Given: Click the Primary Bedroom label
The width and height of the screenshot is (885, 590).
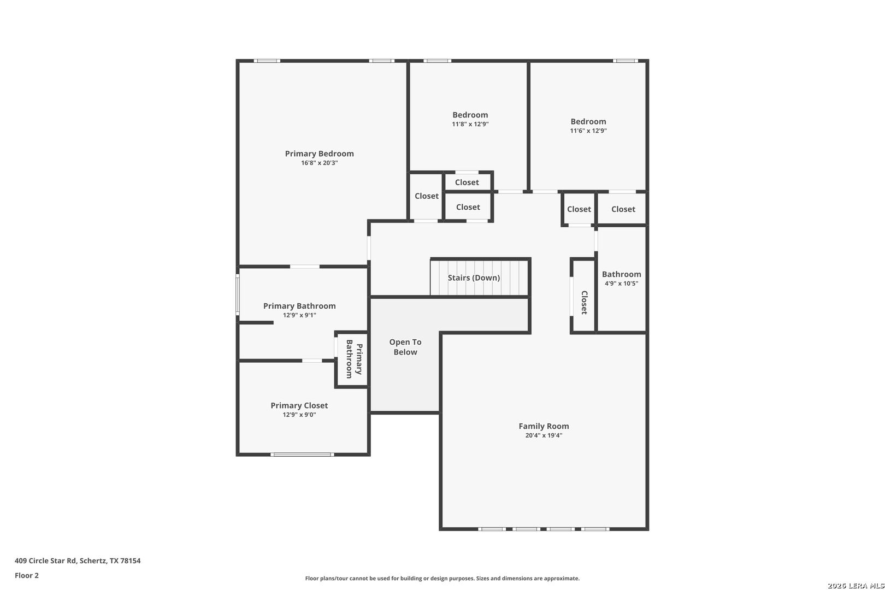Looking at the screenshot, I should (x=319, y=154).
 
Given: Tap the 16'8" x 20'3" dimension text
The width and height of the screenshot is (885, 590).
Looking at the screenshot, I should (x=319, y=163).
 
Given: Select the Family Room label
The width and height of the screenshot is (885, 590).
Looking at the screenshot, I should (x=544, y=426).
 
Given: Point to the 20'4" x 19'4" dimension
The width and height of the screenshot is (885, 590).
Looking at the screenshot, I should (x=544, y=435).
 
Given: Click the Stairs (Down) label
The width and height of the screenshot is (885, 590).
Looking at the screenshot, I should (x=474, y=278).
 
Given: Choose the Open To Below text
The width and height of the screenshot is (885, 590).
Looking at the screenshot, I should (x=405, y=347).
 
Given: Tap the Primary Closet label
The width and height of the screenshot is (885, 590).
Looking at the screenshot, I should (x=299, y=405).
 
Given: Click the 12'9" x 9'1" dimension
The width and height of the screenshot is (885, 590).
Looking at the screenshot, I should (x=299, y=315).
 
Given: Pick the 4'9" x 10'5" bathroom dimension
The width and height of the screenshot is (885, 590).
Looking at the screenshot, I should (x=621, y=284).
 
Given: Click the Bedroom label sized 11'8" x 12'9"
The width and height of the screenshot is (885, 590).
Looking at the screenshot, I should (x=470, y=115).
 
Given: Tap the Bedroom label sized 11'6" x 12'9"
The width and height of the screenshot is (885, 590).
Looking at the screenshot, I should (x=588, y=121).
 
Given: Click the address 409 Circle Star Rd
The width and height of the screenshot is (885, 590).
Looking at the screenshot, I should (x=78, y=560).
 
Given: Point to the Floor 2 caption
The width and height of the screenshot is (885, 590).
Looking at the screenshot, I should (x=27, y=575).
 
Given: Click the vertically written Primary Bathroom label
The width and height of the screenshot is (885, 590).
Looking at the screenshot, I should (x=353, y=359).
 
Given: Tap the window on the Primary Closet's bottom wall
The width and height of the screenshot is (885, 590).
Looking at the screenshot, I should (x=302, y=454).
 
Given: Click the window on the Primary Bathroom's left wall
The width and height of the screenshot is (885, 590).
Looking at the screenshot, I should (x=238, y=294).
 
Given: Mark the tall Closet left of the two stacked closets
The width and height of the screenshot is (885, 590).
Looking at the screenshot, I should (x=426, y=196).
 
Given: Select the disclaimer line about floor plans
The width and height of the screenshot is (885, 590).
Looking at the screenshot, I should (x=442, y=578).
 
